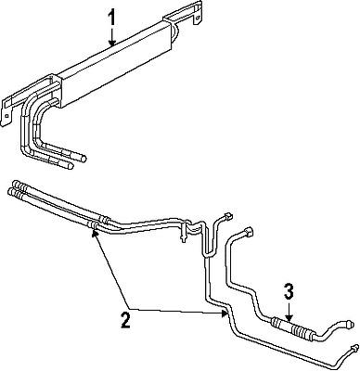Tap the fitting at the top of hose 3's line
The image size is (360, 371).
click(x=248, y=228)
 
